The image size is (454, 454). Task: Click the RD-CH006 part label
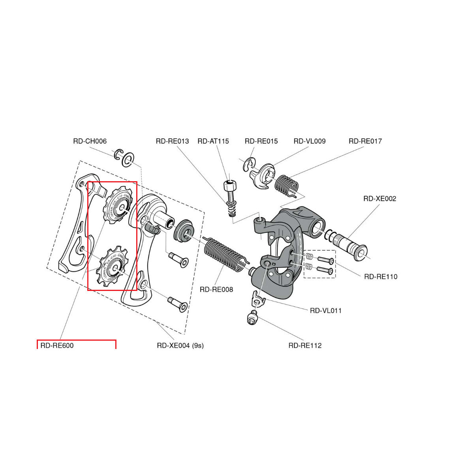[90, 141]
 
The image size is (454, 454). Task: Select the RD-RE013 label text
[172, 141]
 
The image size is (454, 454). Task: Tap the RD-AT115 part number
[213, 141]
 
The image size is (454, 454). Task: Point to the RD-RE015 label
[261, 141]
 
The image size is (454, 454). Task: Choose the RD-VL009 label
[310, 141]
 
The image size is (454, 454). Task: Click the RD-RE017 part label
[365, 141]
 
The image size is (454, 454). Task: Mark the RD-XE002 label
[379, 199]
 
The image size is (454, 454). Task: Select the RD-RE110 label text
[381, 277]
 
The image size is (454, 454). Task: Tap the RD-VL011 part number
[326, 311]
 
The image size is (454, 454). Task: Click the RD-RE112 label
[305, 345]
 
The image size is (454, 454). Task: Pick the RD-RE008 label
[216, 289]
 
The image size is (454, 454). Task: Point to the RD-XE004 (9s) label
[180, 345]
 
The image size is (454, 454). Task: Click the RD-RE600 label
[57, 345]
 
